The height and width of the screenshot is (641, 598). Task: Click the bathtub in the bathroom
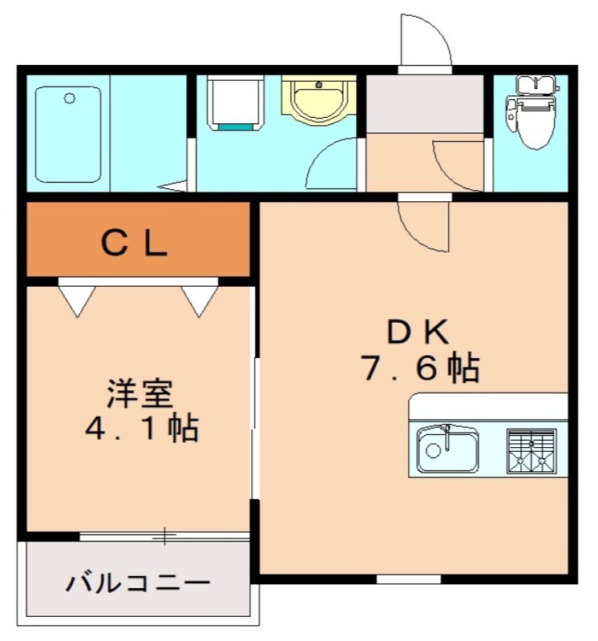point(69,135)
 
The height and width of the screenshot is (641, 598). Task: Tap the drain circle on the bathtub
point(69,99)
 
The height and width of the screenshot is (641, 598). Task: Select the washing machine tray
point(235,103)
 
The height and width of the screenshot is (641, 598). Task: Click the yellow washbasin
point(318,101)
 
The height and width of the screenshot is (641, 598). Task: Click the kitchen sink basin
point(447,449)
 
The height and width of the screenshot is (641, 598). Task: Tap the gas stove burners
point(531,450)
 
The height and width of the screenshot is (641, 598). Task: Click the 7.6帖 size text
point(420,368)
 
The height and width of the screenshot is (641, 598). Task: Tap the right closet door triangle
point(199,298)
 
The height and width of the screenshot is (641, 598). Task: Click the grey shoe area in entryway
point(424,104)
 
